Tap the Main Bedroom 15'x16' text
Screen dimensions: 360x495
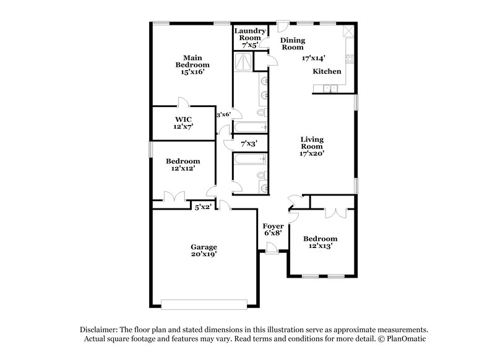192,65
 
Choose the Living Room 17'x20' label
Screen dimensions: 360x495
312,147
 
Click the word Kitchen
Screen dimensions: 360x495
327,72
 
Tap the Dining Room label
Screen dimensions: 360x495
292,43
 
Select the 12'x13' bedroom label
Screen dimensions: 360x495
320,242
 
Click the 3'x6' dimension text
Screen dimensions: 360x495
223,114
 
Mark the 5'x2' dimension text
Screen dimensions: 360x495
204,207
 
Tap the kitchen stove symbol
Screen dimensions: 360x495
350,61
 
